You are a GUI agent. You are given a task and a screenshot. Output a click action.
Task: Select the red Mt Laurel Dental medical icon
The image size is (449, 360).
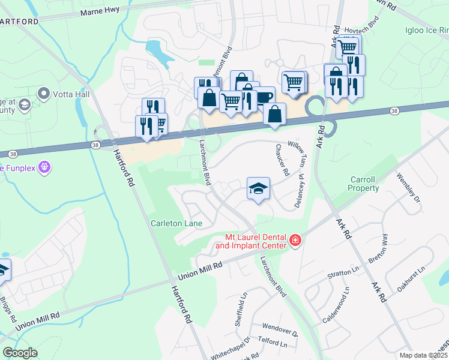tap(295, 241)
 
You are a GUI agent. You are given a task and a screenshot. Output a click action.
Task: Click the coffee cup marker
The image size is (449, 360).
tap(263, 97)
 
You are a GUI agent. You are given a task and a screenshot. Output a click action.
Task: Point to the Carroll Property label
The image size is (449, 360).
tap(363, 184)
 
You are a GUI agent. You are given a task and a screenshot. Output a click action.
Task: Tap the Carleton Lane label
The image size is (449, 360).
tap(176, 223)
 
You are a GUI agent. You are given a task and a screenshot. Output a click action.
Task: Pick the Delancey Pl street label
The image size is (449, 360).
tap(298, 191)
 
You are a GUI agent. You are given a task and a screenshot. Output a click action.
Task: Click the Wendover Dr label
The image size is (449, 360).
tap(280, 329)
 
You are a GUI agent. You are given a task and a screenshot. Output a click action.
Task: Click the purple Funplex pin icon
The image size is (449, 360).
tap(43, 168)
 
